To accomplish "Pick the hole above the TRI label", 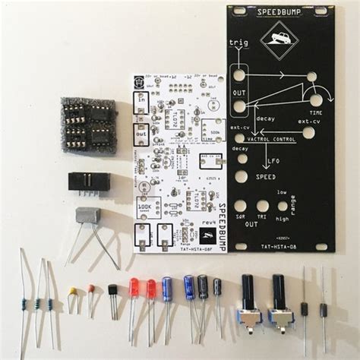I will (x=263, y=206).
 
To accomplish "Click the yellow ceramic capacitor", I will (x=72, y=291).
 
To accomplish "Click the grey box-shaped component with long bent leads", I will (x=88, y=215).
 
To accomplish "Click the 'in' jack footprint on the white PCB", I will (x=141, y=103).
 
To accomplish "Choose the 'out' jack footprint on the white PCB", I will (x=142, y=133).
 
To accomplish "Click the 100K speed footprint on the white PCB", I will (x=147, y=207).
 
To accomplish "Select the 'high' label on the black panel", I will (x=282, y=219).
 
